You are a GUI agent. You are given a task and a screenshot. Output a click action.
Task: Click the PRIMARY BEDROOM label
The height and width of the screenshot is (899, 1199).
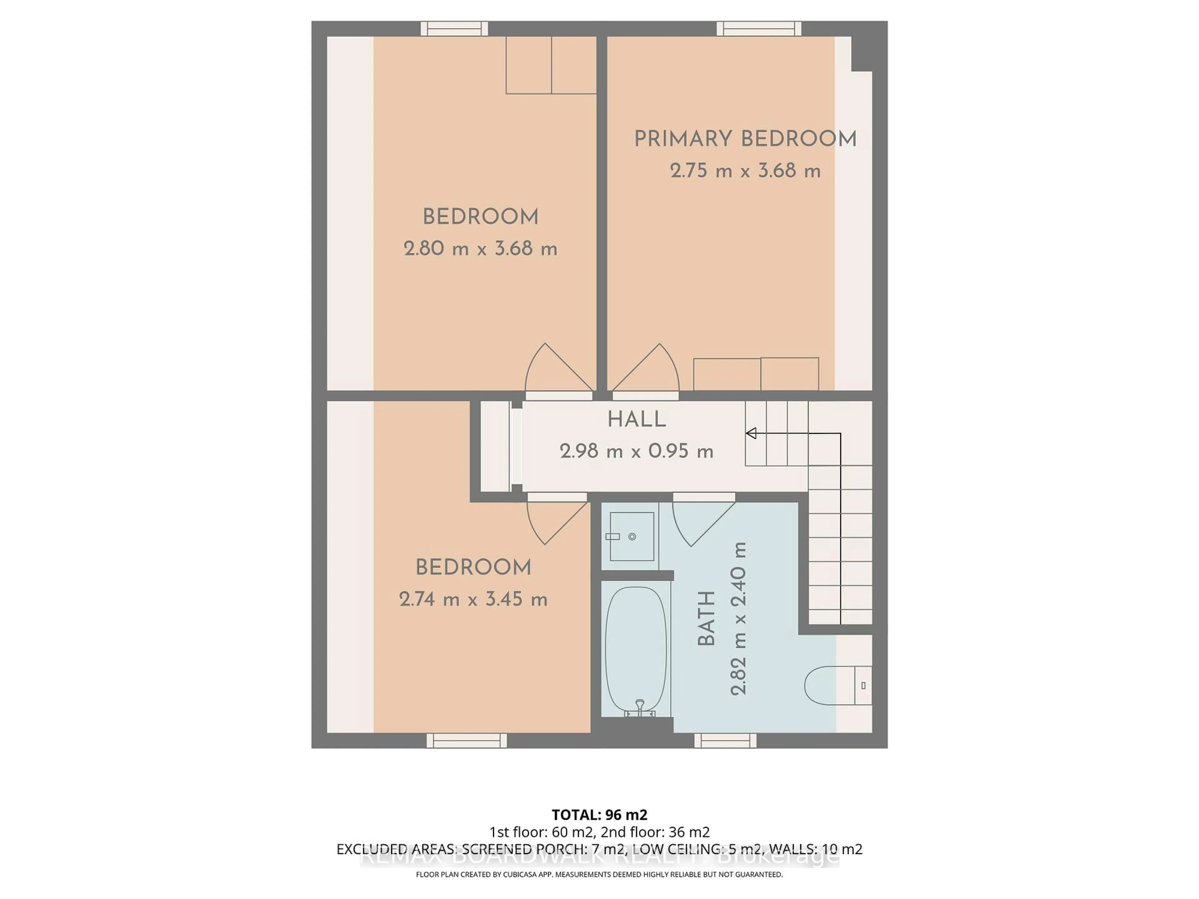[x=745, y=139]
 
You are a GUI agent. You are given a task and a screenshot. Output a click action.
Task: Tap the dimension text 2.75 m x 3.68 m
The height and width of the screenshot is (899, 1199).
[x=745, y=171]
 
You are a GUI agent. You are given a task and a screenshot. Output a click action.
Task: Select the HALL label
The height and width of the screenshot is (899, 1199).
[x=636, y=420]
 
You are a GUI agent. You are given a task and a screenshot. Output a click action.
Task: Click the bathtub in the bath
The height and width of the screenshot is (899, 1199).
[x=635, y=650]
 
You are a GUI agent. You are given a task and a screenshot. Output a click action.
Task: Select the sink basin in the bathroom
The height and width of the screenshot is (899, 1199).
[x=631, y=537]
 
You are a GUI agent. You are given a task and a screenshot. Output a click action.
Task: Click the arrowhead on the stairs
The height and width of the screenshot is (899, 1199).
[x=751, y=433]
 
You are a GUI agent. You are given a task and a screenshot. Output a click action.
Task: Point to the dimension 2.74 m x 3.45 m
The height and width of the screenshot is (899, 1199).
[x=473, y=599]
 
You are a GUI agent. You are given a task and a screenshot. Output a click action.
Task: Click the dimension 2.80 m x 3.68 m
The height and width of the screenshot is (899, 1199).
[x=480, y=249]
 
